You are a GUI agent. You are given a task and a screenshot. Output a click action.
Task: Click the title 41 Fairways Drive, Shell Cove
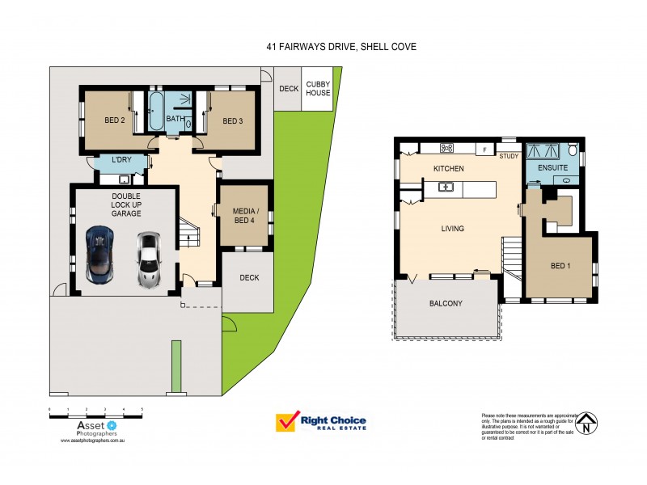click(340, 47)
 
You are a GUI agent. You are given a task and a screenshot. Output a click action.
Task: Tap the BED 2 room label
click(113, 121)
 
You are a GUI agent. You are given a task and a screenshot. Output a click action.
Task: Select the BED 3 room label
click(232, 121)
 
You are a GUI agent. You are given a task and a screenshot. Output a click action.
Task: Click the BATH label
click(175, 120)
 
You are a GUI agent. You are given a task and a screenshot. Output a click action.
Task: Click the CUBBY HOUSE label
click(318, 88)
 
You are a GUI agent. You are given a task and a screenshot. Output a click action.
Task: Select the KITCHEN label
click(448, 169)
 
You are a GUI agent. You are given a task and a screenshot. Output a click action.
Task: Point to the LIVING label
click(452, 229)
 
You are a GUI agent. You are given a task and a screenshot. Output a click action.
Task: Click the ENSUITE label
click(551, 169)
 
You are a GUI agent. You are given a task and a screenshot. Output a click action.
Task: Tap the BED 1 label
click(560, 266)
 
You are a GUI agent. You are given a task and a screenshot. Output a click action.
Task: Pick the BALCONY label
click(446, 304)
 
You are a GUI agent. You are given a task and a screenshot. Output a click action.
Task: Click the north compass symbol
click(590, 421)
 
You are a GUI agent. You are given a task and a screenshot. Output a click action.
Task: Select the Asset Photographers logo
click(95, 426)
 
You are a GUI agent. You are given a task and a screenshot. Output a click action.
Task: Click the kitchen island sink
click(446, 188)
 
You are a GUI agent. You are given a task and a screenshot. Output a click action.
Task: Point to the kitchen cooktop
click(446, 148)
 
